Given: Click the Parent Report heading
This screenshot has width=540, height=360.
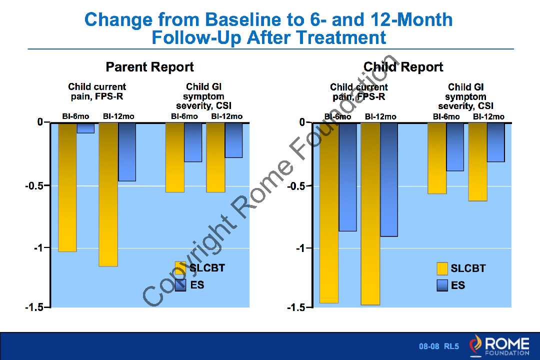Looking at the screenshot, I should coord(149,67).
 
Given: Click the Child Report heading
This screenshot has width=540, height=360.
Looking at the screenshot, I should coord(403,67).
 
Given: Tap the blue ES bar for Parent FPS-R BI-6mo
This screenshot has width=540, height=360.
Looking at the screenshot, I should coord(85,128).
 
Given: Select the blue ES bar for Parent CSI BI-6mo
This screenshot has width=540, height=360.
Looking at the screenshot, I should coord(193,142).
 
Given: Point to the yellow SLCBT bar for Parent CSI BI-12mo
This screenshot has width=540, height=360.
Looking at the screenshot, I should coord(215,157).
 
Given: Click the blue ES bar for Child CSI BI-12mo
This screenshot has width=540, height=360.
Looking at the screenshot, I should coord(495,142).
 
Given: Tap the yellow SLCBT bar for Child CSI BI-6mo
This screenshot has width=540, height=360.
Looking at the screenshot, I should coord(437,158).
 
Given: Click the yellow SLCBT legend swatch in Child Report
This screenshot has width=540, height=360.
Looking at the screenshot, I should coord(442,268).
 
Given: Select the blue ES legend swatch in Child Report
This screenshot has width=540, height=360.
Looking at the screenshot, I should coord(442,285).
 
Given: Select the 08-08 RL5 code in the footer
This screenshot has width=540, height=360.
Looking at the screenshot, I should coord(438,346).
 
